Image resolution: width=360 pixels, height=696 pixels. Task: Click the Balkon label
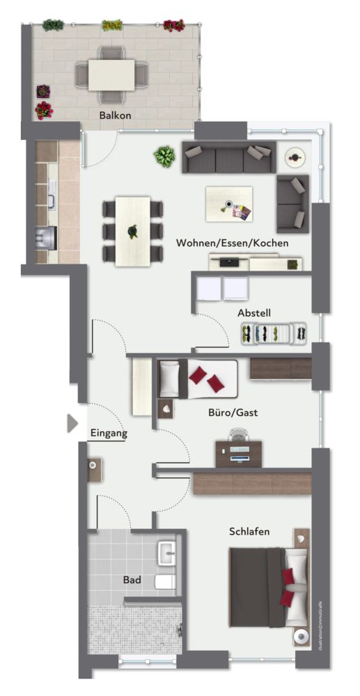116,116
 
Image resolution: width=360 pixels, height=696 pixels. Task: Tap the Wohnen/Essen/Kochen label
232,243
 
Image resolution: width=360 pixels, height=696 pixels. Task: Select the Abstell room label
253,313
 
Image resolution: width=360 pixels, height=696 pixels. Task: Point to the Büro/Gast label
233,412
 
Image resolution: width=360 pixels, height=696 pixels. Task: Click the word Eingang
109,433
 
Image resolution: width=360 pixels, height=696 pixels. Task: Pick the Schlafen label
249,532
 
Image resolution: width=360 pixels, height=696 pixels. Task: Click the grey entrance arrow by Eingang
72,423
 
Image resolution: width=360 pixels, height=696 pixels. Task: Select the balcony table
111,74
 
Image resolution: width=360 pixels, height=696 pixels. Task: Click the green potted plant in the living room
164,157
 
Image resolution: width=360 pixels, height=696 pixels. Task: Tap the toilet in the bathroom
164,582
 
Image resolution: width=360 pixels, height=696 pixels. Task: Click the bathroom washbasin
167,554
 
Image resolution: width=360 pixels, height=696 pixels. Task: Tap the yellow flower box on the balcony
111,26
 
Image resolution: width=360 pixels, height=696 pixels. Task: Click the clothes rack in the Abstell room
273,334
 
